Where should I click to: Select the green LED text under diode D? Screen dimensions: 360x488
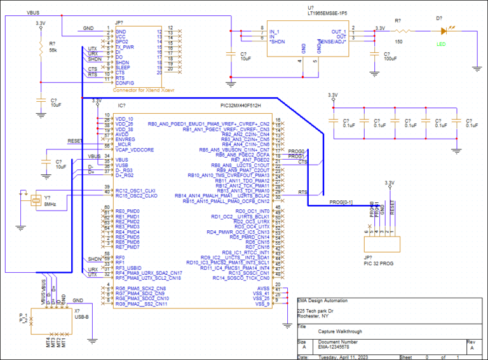442,44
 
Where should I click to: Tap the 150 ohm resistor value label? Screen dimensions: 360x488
398,41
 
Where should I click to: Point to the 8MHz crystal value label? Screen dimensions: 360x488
50,204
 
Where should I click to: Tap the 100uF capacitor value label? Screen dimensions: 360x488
390,59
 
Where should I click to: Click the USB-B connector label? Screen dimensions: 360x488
82,317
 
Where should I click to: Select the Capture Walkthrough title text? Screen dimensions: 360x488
340,331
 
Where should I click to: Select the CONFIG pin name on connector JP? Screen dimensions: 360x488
125,83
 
